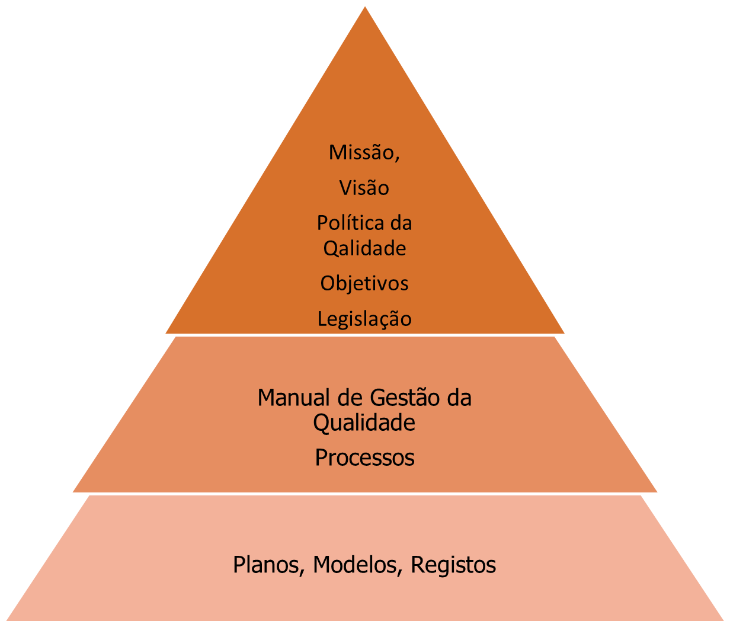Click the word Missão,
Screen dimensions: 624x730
[364, 153]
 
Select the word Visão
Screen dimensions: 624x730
[364, 188]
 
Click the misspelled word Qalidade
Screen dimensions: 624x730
[364, 248]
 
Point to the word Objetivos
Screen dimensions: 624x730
[364, 283]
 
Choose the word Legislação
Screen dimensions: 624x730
[364, 319]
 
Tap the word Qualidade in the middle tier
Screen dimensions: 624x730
[364, 423]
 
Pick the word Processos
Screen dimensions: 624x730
[364, 458]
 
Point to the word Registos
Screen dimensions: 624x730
[453, 565]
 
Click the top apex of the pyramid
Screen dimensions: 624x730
[365, 4]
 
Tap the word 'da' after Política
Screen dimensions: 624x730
[400, 223]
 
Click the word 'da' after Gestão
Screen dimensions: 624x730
[459, 397]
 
